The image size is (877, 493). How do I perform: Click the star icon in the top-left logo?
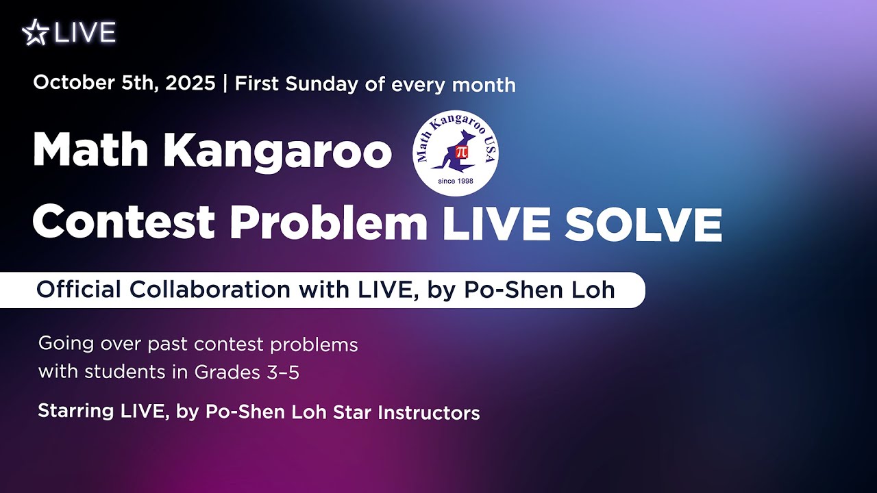pos(36,32)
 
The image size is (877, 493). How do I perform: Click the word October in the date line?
pos(73,83)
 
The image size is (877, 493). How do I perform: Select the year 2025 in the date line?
pos(190,83)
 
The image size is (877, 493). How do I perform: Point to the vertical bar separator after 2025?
pos(225,84)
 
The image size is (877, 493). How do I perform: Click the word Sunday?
pos(321,84)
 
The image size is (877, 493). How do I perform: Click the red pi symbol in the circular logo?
pos(462,152)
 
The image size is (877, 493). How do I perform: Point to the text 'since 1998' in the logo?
pos(456,181)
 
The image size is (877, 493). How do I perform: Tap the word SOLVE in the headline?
pos(643,225)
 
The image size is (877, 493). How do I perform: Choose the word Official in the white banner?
pos(79,290)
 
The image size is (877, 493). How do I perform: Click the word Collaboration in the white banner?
pos(210,290)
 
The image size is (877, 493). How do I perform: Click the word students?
pos(125,371)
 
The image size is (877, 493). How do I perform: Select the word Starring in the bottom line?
pos(76,412)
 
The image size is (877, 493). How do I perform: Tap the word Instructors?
pos(429,413)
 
